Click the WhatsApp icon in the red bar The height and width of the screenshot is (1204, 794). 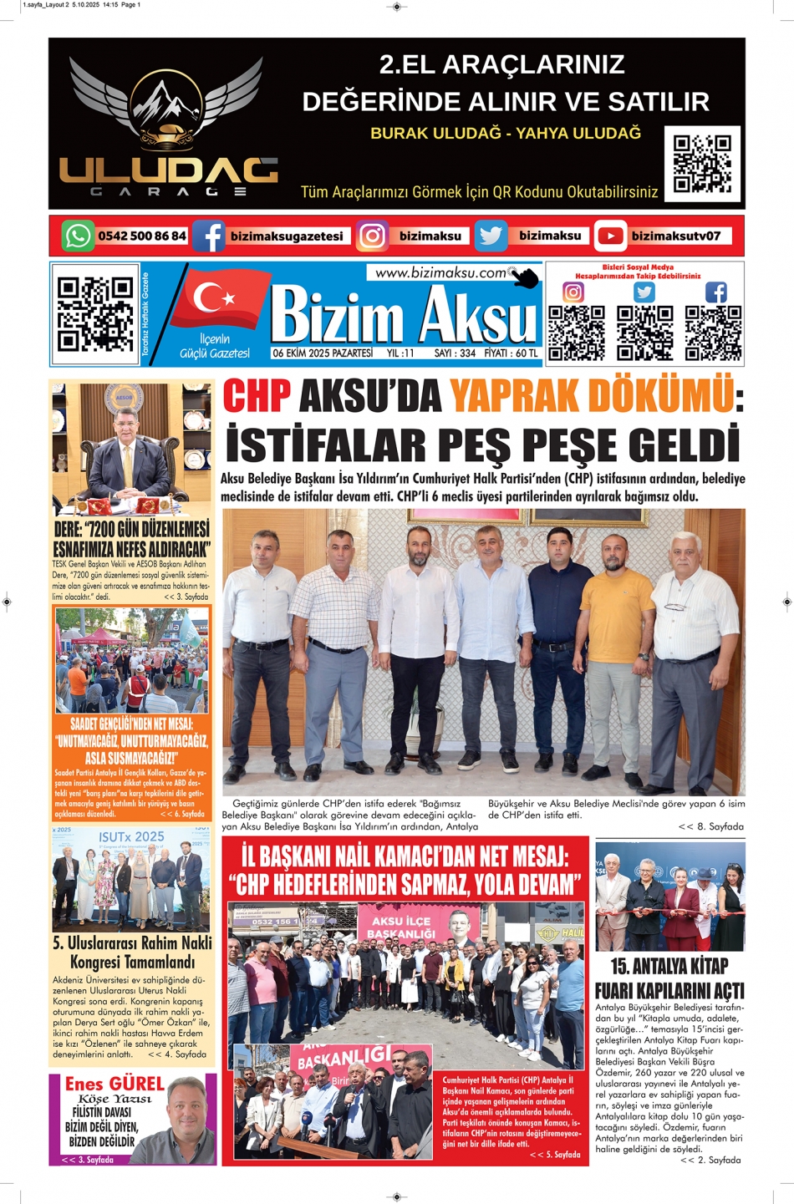(77, 236)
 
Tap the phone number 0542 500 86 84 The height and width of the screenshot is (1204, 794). (142, 236)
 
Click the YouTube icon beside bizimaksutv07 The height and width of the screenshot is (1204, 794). (610, 236)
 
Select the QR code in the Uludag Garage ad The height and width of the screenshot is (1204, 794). (702, 164)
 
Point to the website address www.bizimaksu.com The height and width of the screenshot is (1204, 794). (441, 272)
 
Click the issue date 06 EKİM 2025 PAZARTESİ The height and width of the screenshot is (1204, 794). (323, 353)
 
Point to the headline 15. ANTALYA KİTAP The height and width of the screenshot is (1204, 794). (669, 966)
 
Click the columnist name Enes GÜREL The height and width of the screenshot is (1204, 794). (115, 1084)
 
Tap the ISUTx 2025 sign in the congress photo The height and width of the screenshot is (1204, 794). (131, 836)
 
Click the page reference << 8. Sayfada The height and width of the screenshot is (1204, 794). (710, 826)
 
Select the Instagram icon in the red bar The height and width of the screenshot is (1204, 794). (372, 236)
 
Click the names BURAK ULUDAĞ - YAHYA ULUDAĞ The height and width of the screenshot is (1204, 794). (506, 134)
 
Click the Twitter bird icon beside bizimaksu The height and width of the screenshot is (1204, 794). (491, 236)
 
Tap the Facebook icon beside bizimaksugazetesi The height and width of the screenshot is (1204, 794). (208, 236)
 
